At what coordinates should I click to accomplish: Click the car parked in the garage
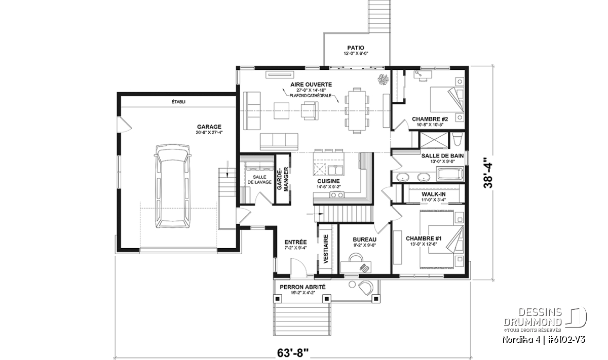pos(173,186)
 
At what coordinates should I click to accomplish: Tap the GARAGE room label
pos(209,127)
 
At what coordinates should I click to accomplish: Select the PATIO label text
pos(356,48)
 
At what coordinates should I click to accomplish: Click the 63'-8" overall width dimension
pos(293,353)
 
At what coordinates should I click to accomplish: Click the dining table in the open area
pos(357,110)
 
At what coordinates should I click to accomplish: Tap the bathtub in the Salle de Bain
pos(450,174)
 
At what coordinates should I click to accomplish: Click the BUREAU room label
pos(364,239)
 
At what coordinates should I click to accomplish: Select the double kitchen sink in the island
pos(336,170)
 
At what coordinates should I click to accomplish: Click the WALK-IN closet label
pos(434,194)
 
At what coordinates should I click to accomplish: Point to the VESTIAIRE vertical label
pos(326,249)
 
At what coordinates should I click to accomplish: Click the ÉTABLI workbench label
pos(178,102)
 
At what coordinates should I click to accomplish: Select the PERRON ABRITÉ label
pos(302,287)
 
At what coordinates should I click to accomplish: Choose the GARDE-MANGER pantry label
pos(282,179)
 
